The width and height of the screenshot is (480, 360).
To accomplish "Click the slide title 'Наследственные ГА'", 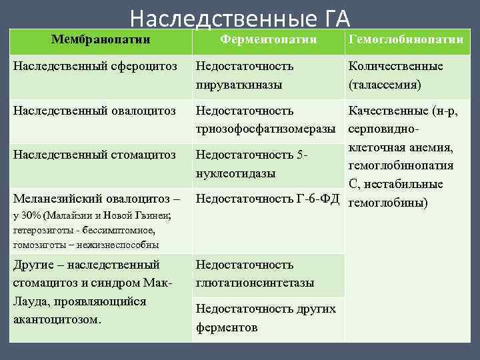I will [x=240, y=17].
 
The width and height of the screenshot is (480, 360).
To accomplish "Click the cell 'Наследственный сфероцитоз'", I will [x=94, y=67].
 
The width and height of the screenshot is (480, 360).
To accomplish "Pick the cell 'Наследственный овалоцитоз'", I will [x=94, y=110].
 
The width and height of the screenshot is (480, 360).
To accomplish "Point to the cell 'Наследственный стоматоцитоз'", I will [x=94, y=155].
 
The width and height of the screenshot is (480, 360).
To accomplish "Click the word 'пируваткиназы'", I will [x=239, y=85].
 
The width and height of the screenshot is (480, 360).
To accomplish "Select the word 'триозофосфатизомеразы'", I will [x=265, y=128].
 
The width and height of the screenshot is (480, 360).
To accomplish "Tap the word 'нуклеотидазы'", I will [x=234, y=173].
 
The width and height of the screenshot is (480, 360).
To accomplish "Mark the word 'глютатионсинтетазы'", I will [x=255, y=283].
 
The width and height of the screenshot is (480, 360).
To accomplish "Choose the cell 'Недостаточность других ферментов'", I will [x=265, y=318].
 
